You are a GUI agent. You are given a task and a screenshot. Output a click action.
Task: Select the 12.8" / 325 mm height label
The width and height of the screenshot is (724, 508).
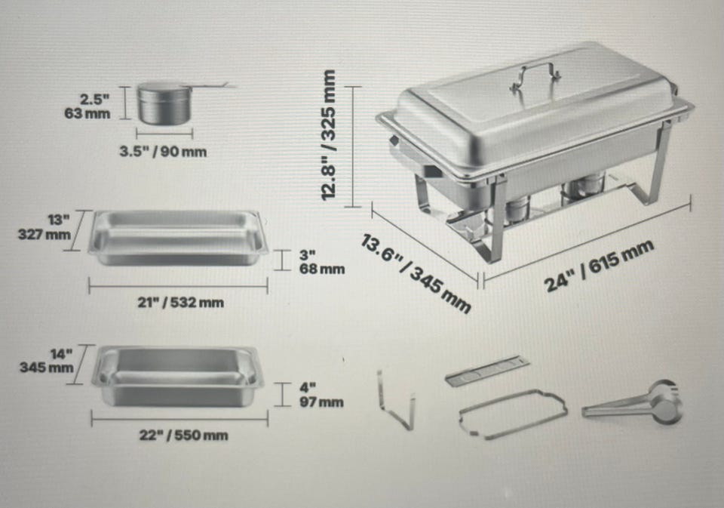329,135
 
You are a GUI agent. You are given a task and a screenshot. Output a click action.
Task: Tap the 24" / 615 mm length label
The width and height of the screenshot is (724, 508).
600,266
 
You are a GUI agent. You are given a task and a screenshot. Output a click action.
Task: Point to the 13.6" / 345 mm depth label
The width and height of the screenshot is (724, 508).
416,274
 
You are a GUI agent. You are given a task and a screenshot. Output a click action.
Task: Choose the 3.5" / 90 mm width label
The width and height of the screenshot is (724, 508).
163,152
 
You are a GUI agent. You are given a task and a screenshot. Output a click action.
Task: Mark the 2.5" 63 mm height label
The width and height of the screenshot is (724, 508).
87,106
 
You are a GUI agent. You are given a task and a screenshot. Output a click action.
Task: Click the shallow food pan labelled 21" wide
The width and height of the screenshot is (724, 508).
178,238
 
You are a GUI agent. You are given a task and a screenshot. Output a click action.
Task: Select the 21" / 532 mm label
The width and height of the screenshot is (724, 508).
180,303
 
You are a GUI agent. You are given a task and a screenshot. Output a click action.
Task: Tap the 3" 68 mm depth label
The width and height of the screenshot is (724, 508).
321,262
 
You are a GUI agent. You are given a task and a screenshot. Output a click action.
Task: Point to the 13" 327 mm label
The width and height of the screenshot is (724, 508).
44,227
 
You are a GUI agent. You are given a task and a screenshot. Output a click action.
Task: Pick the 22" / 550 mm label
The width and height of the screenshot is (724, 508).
183,436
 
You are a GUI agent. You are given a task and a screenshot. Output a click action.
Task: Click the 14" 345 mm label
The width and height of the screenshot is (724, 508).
46,361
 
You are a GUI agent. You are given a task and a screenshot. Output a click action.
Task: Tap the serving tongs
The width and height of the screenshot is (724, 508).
633,402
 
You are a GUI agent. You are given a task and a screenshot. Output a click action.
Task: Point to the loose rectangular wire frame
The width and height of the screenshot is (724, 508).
513,413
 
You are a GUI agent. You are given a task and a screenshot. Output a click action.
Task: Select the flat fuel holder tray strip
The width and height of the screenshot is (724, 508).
488,371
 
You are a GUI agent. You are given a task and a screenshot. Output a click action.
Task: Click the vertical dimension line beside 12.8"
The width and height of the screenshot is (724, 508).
353,146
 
